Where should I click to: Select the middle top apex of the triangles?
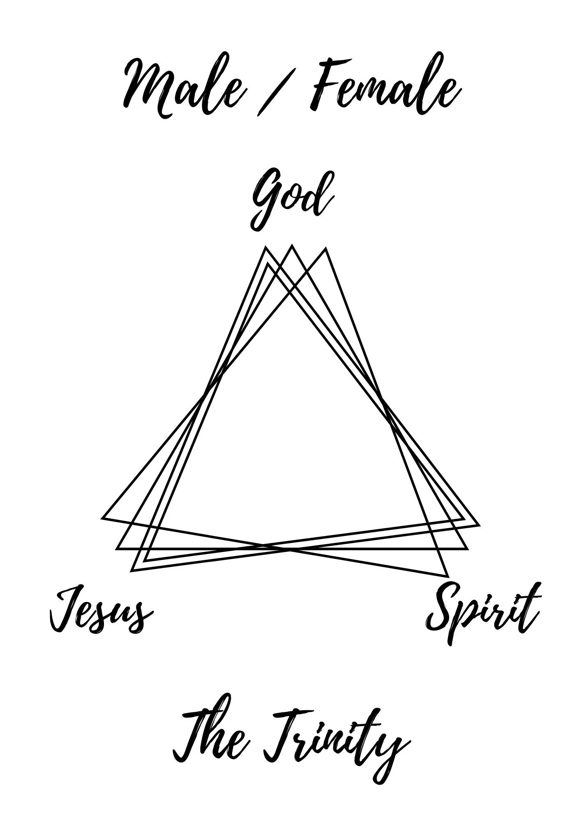(292, 246)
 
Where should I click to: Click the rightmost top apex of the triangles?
(325, 248)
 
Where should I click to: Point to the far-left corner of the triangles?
(102, 518)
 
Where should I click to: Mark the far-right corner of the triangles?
(479, 525)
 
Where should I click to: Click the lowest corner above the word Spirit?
(447, 576)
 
